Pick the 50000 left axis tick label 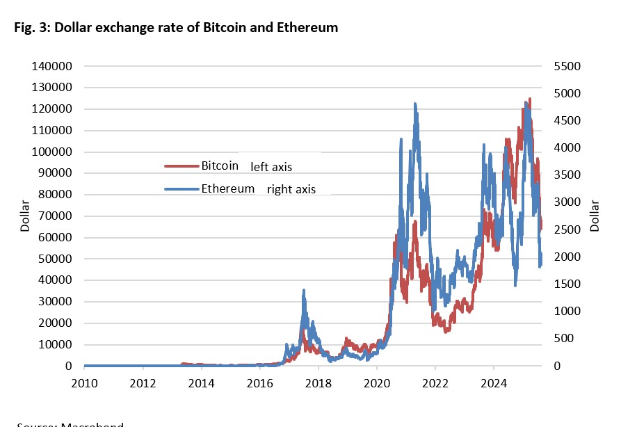tap(58, 259)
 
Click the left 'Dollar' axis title tap(25, 216)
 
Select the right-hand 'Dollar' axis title tap(595, 216)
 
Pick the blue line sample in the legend tap(181, 188)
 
